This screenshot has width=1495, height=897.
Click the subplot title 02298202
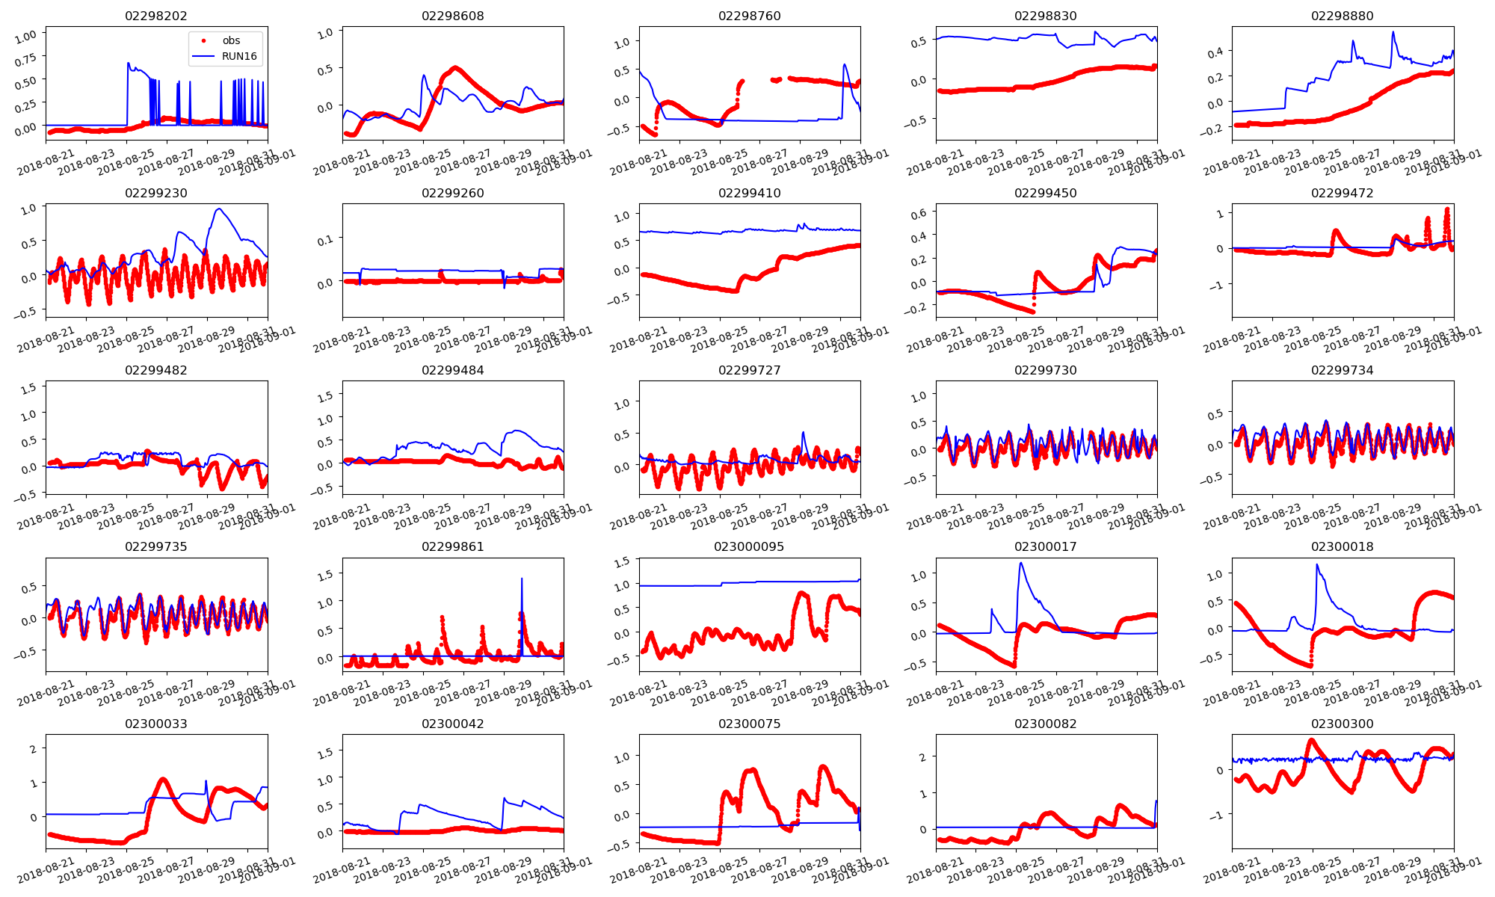(x=156, y=16)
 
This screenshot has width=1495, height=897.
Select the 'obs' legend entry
(x=231, y=40)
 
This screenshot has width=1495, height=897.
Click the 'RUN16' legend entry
(x=239, y=56)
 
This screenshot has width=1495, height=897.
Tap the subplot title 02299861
(x=452, y=546)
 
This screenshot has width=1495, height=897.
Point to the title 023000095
(x=749, y=546)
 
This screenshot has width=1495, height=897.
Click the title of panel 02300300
(x=1342, y=724)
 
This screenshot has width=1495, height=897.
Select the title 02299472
(x=1342, y=193)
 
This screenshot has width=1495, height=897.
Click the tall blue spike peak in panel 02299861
(x=522, y=579)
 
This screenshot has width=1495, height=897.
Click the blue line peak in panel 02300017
(x=1021, y=563)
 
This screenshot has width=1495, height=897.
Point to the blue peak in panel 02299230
(x=219, y=209)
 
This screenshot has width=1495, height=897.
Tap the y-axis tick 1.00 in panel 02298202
(x=25, y=36)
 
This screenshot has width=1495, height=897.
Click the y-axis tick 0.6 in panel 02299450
(x=918, y=213)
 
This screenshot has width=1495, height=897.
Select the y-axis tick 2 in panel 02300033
(x=32, y=749)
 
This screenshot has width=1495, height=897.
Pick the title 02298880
(x=1342, y=16)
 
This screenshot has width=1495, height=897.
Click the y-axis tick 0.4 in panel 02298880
(x=1215, y=52)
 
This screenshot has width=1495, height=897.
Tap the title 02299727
(x=749, y=370)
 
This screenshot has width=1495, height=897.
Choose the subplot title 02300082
(x=1045, y=724)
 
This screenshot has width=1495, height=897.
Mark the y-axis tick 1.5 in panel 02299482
(x=28, y=388)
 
